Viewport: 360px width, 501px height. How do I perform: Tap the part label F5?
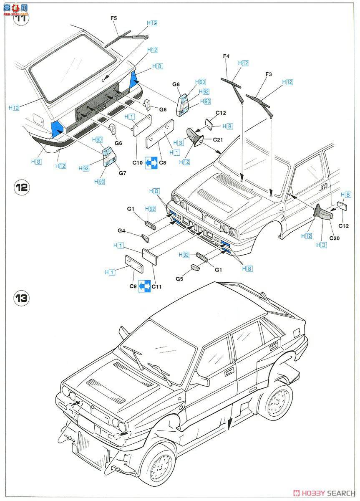[x=114, y=18]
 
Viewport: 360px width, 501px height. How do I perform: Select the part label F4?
[x=226, y=56]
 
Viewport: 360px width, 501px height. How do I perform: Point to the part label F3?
[x=269, y=74]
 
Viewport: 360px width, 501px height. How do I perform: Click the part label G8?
[x=176, y=84]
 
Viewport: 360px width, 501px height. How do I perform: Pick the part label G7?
[x=122, y=173]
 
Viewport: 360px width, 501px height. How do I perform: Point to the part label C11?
[x=157, y=286]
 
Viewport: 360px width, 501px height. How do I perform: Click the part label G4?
[x=121, y=230]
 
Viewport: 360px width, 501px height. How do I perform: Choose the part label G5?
[x=180, y=278]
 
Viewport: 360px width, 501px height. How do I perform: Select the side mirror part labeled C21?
[x=194, y=137]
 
